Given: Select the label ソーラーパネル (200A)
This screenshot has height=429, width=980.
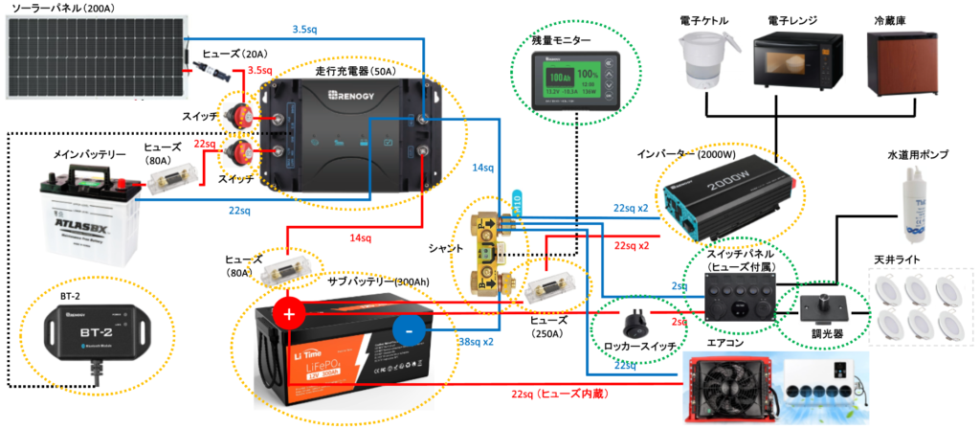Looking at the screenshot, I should coord(60,9).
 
